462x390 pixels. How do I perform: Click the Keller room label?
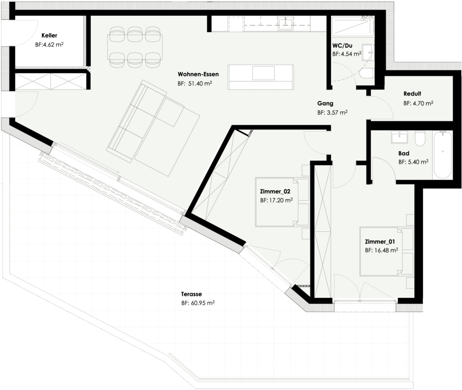[49, 35]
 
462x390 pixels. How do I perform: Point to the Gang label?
[325, 103]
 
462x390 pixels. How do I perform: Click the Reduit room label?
[412, 94]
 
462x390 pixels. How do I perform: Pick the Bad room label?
[404, 153]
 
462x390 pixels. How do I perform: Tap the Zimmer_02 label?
[275, 191]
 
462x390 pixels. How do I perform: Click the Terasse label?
[191, 294]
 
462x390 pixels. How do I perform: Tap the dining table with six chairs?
[134, 46]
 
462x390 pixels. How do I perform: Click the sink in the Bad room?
[399, 137]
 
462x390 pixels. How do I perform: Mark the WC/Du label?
[342, 45]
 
